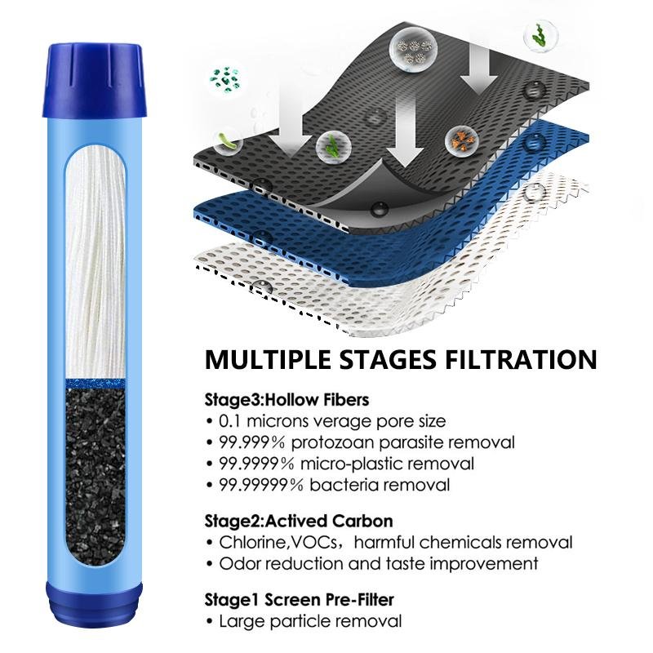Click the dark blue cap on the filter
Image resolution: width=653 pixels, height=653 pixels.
95,79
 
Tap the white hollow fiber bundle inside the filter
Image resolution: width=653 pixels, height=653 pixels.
96,262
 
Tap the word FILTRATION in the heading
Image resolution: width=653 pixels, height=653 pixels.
521,359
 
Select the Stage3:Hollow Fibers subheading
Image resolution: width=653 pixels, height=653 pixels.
287,400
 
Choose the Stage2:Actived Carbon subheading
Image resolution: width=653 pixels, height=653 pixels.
299,521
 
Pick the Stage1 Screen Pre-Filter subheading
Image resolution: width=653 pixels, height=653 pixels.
299,600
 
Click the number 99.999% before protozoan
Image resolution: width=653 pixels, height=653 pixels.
252,442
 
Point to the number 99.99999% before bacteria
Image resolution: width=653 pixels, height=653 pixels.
261,485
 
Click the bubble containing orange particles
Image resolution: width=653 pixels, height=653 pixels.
461,141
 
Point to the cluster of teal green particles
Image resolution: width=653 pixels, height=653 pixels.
225,78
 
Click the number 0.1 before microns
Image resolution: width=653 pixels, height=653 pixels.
229,421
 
